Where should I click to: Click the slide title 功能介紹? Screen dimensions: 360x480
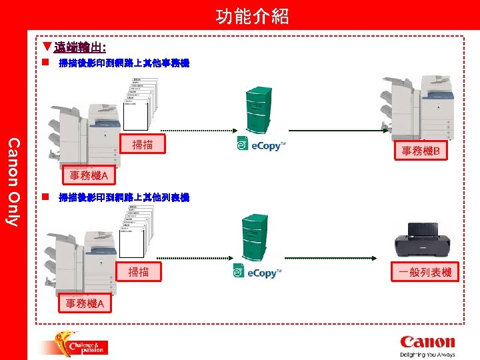pos(252,16)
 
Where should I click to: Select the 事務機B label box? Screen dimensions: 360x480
pos(420,151)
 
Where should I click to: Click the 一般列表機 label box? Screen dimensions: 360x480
pos(425,272)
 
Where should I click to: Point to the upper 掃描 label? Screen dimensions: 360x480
pos(142,145)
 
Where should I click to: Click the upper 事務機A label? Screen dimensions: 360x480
pos(89,176)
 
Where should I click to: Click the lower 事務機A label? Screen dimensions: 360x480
pos(85,304)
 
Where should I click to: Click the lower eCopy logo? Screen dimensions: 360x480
pos(257,272)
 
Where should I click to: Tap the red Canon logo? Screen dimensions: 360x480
pos(427,341)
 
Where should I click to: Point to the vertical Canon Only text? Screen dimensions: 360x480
pos(13,180)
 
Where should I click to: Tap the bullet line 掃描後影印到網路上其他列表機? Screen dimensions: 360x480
pos(123,198)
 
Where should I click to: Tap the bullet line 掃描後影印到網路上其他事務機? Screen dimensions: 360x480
pos(123,64)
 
